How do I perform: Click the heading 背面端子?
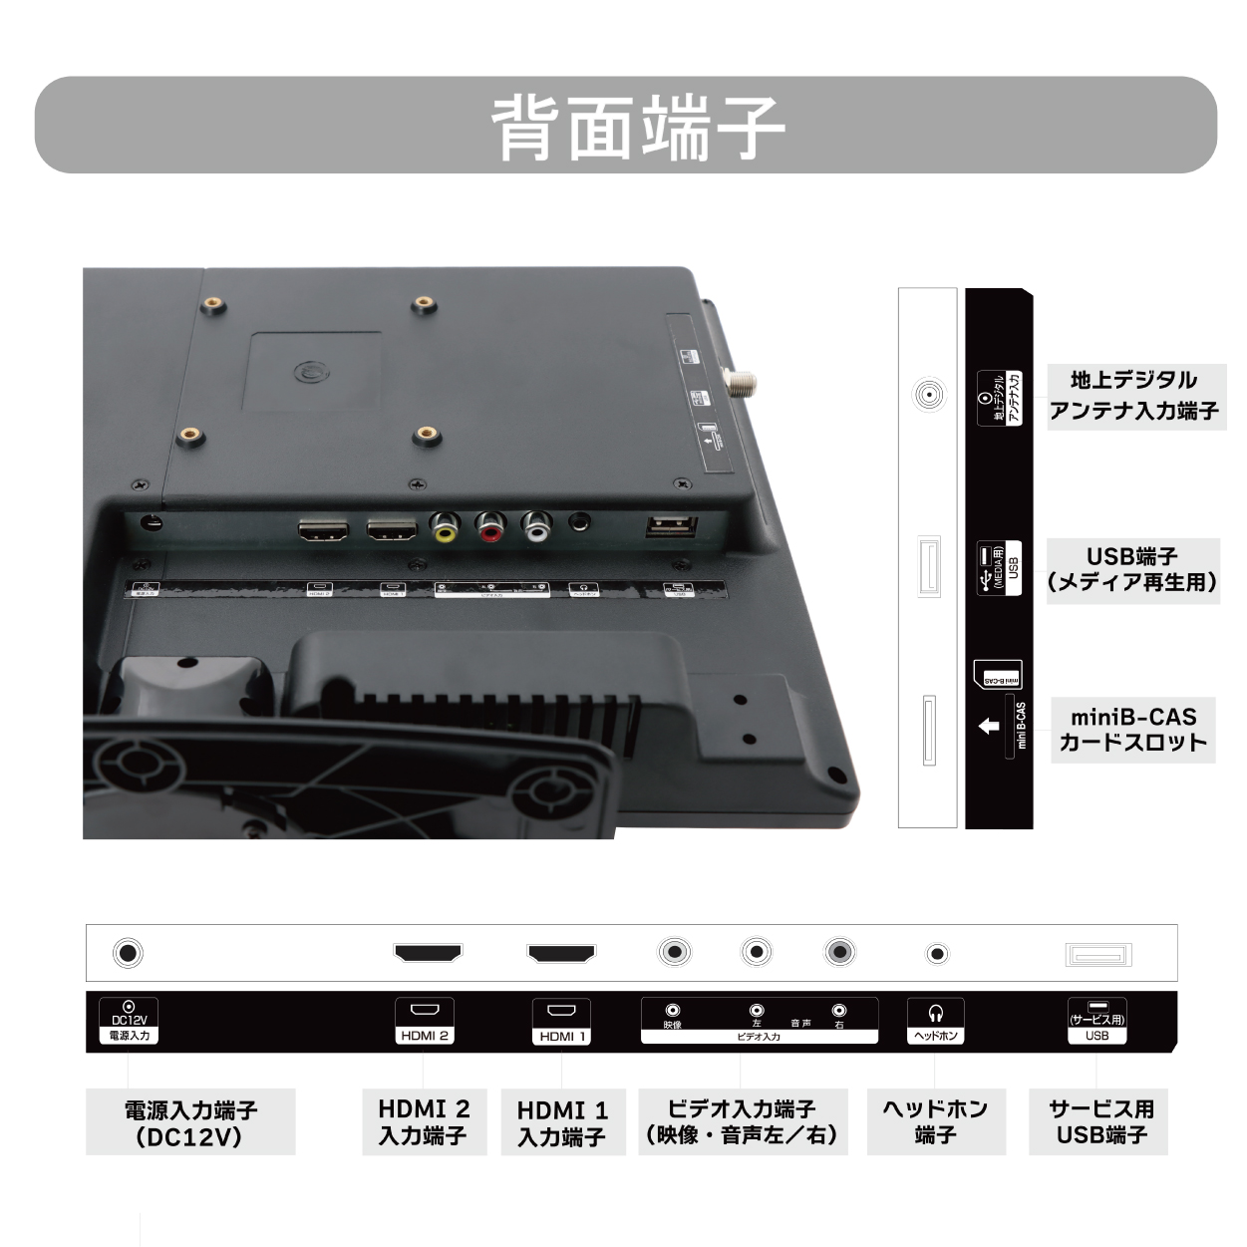point(638,127)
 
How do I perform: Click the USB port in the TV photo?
point(671,527)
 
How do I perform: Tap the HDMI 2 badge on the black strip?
point(425,1022)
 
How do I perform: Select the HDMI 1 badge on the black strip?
point(562,1022)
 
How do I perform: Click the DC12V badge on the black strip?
point(129,1022)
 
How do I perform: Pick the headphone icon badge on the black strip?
point(935,1022)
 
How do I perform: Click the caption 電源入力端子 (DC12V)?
point(190,1122)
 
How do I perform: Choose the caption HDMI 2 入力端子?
point(424,1122)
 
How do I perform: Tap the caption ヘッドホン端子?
point(935,1122)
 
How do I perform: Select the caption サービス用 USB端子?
point(1098,1122)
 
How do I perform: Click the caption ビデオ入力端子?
point(743,1122)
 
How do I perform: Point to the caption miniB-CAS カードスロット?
point(1132,730)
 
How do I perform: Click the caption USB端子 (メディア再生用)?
point(1132,569)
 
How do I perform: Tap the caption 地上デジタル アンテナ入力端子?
point(1134,396)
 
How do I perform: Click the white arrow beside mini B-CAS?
point(988,727)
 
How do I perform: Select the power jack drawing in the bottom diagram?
point(128,953)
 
